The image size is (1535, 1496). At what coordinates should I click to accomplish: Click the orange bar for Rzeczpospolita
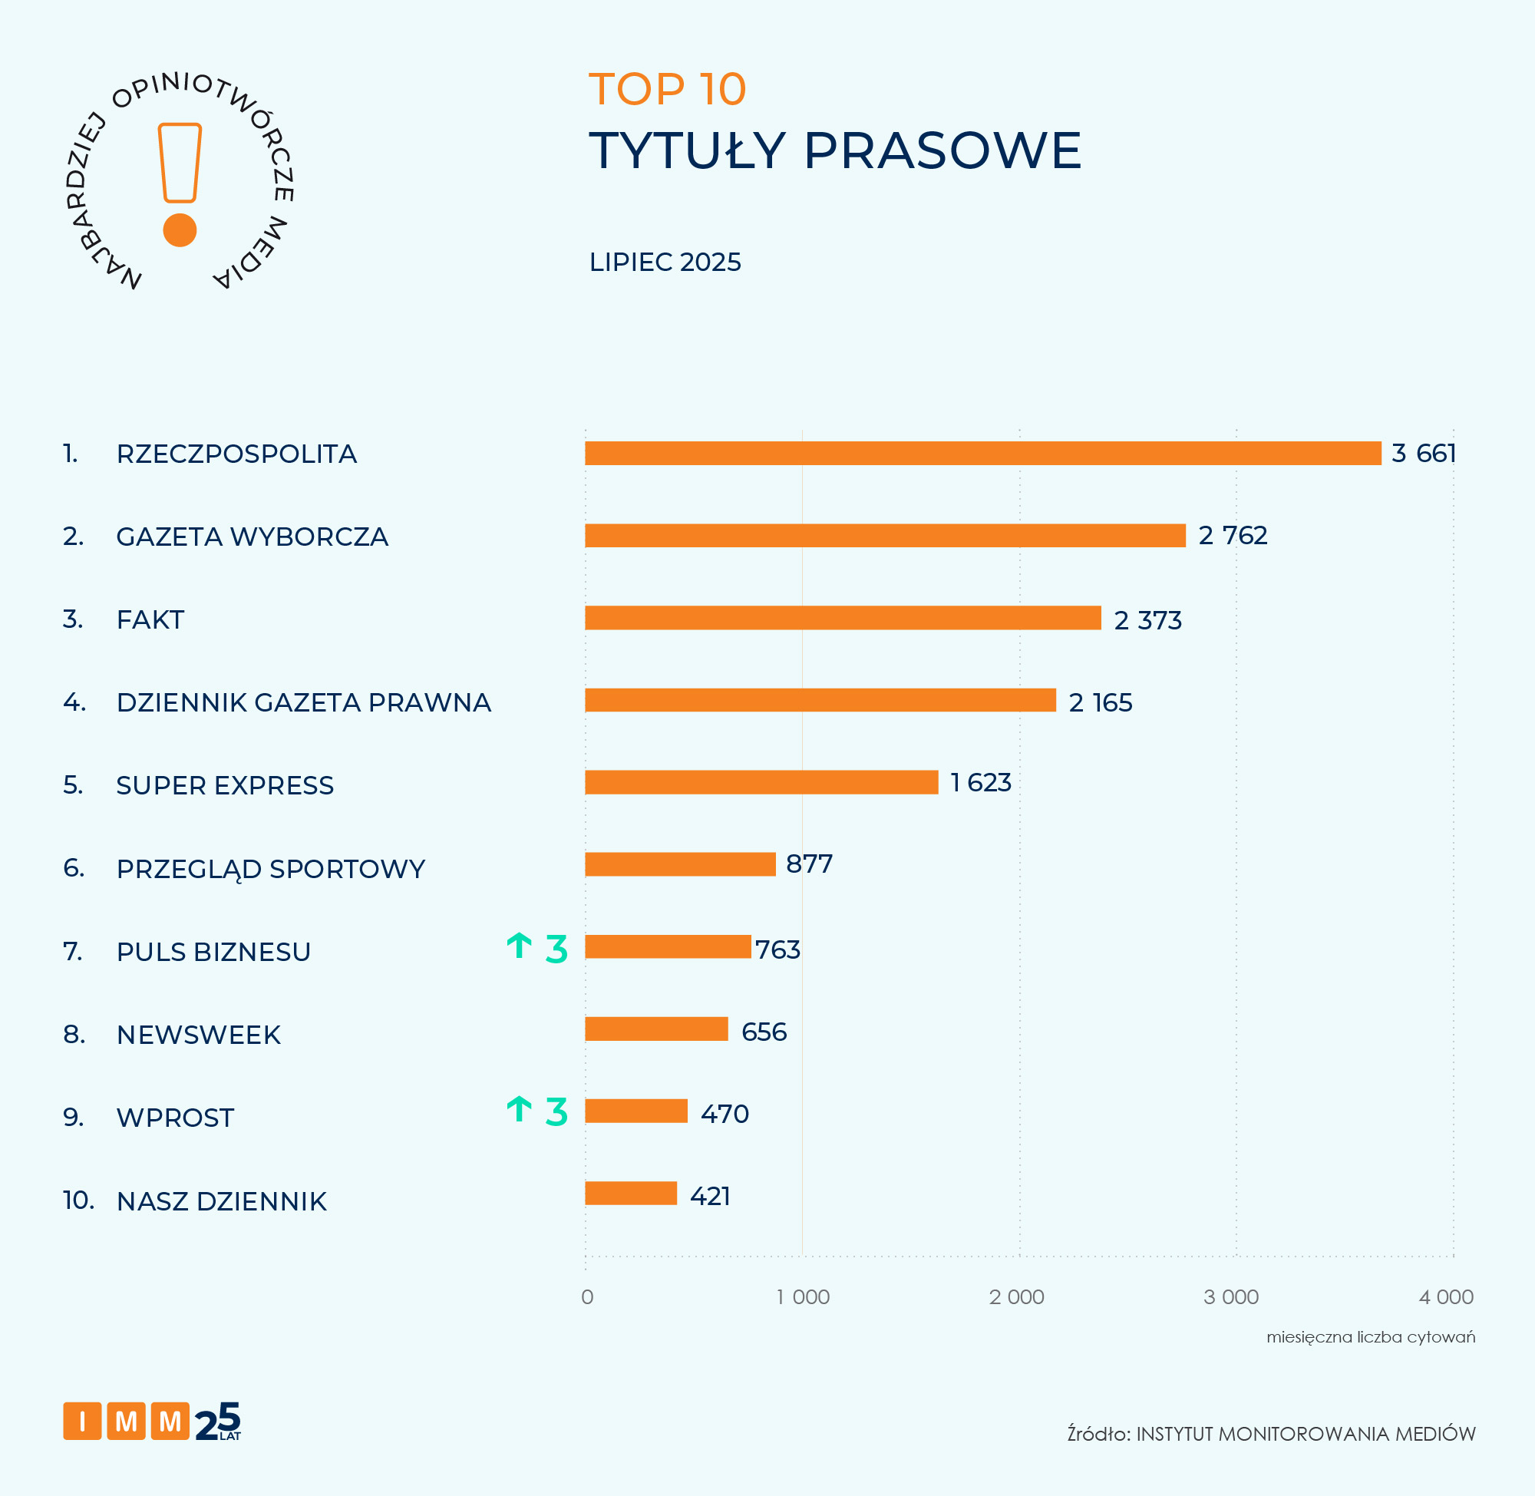click(982, 454)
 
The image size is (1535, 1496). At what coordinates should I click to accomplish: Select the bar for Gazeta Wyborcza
click(885, 535)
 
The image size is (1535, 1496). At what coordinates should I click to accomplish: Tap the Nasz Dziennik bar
click(631, 1193)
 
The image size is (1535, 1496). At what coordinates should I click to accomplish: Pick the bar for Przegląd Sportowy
click(680, 864)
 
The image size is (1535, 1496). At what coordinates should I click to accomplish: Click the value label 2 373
click(1147, 620)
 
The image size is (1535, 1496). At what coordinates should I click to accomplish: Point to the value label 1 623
click(980, 783)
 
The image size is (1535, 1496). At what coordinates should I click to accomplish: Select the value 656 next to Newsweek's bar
click(764, 1032)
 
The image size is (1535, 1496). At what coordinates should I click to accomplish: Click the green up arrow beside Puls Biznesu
click(520, 946)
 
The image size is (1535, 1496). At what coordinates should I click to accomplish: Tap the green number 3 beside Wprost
click(556, 1111)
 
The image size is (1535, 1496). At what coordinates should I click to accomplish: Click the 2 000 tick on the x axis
click(1016, 1297)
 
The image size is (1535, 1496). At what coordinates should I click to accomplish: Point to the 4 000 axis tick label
click(1445, 1297)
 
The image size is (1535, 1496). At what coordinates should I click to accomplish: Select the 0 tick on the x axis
click(587, 1297)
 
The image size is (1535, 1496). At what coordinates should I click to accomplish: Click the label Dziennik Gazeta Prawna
click(303, 702)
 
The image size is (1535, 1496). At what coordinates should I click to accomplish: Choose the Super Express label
click(225, 786)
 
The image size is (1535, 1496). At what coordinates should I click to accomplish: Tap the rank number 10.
click(78, 1200)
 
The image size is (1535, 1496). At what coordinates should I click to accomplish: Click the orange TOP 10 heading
click(667, 89)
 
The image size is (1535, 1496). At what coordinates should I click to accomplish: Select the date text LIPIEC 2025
click(665, 262)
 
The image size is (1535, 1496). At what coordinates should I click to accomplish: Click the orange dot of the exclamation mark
click(180, 230)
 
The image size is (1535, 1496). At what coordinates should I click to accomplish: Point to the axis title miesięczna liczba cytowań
click(1370, 1337)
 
